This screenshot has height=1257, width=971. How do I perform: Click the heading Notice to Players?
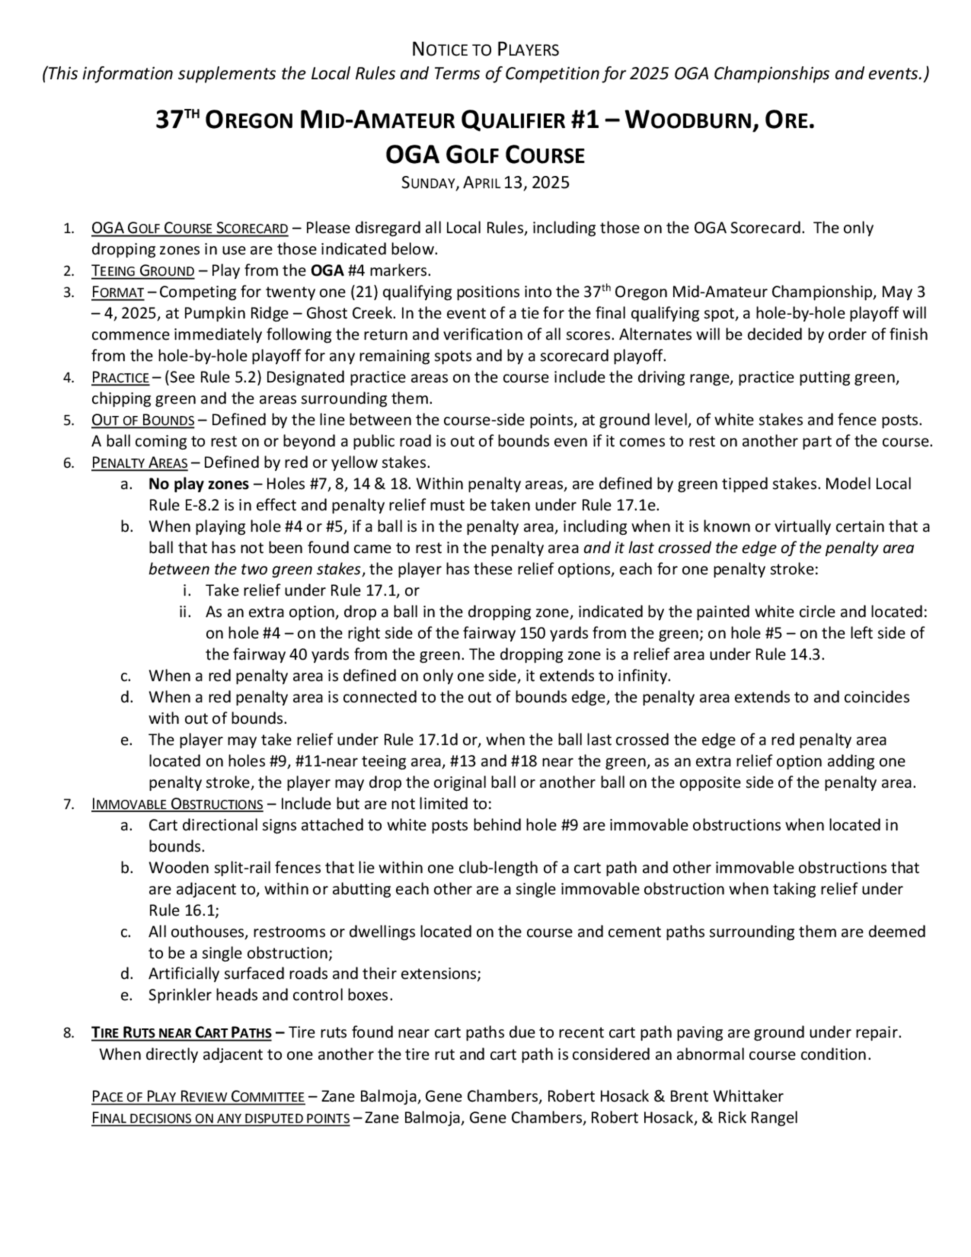click(485, 50)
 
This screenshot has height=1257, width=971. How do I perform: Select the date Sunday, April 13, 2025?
click(485, 183)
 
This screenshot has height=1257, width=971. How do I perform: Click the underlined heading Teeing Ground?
click(143, 271)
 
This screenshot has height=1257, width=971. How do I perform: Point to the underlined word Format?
click(117, 292)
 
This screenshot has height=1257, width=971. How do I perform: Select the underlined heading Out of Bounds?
click(143, 420)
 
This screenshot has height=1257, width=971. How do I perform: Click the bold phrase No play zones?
click(199, 484)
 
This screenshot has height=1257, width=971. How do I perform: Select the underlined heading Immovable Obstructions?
click(177, 804)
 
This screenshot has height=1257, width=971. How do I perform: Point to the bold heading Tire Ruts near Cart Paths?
click(181, 1033)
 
